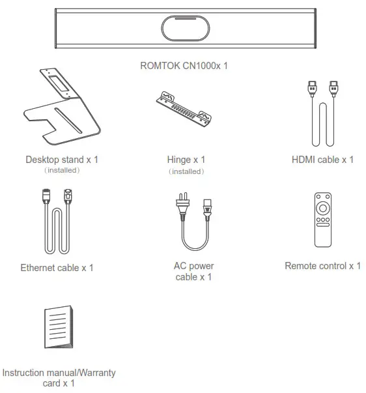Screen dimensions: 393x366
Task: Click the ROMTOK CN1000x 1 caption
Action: click(184, 65)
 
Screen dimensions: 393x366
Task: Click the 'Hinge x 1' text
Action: click(186, 160)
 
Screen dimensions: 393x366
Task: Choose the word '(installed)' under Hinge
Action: click(186, 171)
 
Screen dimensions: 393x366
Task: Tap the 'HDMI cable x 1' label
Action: click(323, 160)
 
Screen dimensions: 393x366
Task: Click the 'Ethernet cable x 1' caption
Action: click(57, 267)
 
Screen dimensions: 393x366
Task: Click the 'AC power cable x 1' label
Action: click(193, 272)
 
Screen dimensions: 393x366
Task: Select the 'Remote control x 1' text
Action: click(323, 266)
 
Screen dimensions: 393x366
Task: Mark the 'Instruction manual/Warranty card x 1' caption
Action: click(59, 378)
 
